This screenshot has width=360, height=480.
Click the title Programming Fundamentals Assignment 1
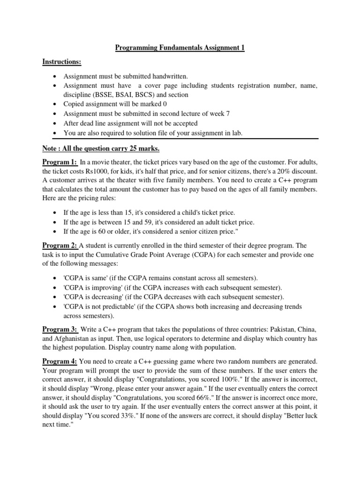click(x=180, y=48)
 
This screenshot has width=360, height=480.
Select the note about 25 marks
click(x=101, y=149)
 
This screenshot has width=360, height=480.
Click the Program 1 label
click(x=60, y=162)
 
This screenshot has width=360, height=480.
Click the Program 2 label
click(x=60, y=245)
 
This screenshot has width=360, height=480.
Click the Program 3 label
click(x=60, y=329)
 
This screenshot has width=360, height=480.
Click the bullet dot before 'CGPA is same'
click(x=56, y=278)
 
